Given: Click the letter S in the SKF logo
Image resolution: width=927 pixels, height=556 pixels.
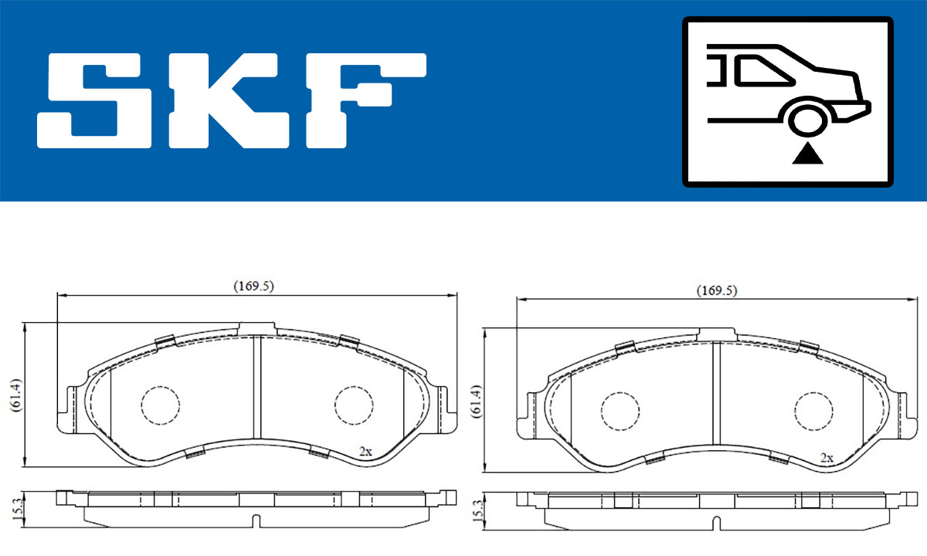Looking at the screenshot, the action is click(94, 100).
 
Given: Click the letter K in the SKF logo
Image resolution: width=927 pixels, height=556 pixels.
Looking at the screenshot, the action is click(229, 100).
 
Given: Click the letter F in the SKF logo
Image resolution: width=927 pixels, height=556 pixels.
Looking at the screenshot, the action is click(366, 100).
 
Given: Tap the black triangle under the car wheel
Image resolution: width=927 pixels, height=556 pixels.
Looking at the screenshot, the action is click(807, 154).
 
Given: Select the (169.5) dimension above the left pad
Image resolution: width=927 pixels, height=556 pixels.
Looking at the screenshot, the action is click(253, 286).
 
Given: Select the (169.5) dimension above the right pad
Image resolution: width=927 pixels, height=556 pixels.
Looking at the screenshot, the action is click(717, 290).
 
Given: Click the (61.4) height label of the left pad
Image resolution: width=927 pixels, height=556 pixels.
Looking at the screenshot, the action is click(16, 395).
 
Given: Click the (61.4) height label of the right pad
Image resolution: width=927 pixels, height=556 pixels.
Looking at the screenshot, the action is click(477, 402).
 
